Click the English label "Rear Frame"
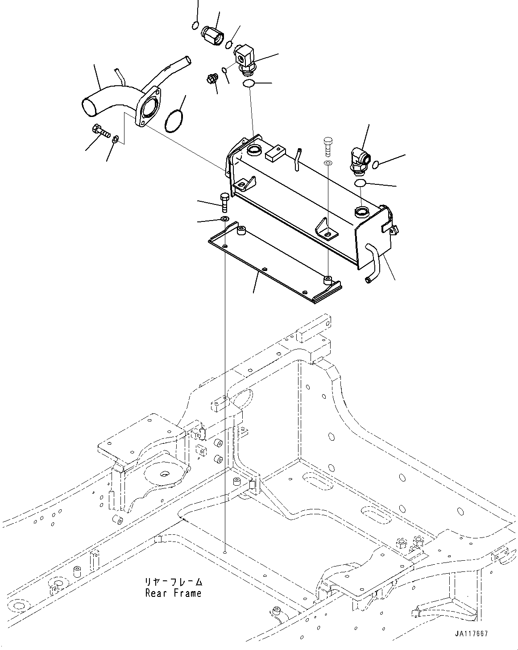(x=173, y=593)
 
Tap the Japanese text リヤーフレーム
(x=173, y=582)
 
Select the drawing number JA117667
(x=472, y=633)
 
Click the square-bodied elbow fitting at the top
(x=244, y=57)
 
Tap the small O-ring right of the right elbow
(x=375, y=165)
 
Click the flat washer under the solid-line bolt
(x=224, y=219)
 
